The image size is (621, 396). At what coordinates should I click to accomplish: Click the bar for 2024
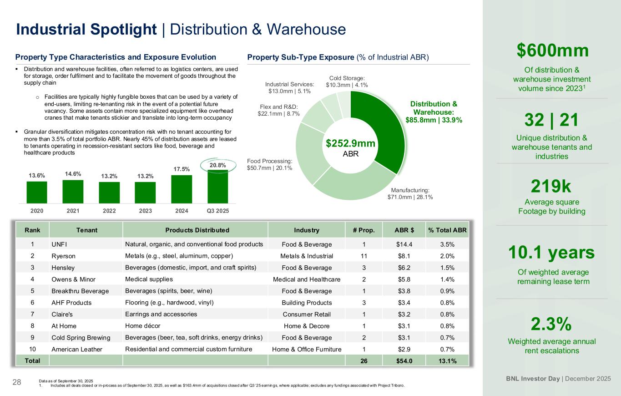point(182,189)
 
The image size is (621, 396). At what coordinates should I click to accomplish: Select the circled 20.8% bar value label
point(218,165)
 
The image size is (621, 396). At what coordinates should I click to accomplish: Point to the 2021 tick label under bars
point(73,211)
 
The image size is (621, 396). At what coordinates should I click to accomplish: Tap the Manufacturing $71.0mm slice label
point(410,194)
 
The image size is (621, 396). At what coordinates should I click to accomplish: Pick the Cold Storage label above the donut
point(347,81)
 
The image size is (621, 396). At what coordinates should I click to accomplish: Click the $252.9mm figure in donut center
point(350,143)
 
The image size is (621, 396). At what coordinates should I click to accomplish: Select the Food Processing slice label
point(269,164)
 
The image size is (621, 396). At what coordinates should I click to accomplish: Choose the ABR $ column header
point(402,230)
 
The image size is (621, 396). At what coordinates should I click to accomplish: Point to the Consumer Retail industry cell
point(307,314)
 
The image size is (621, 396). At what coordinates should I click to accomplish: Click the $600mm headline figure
point(553,51)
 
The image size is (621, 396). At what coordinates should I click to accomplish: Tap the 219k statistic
point(551,187)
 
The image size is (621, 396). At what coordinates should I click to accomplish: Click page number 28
point(17,382)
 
